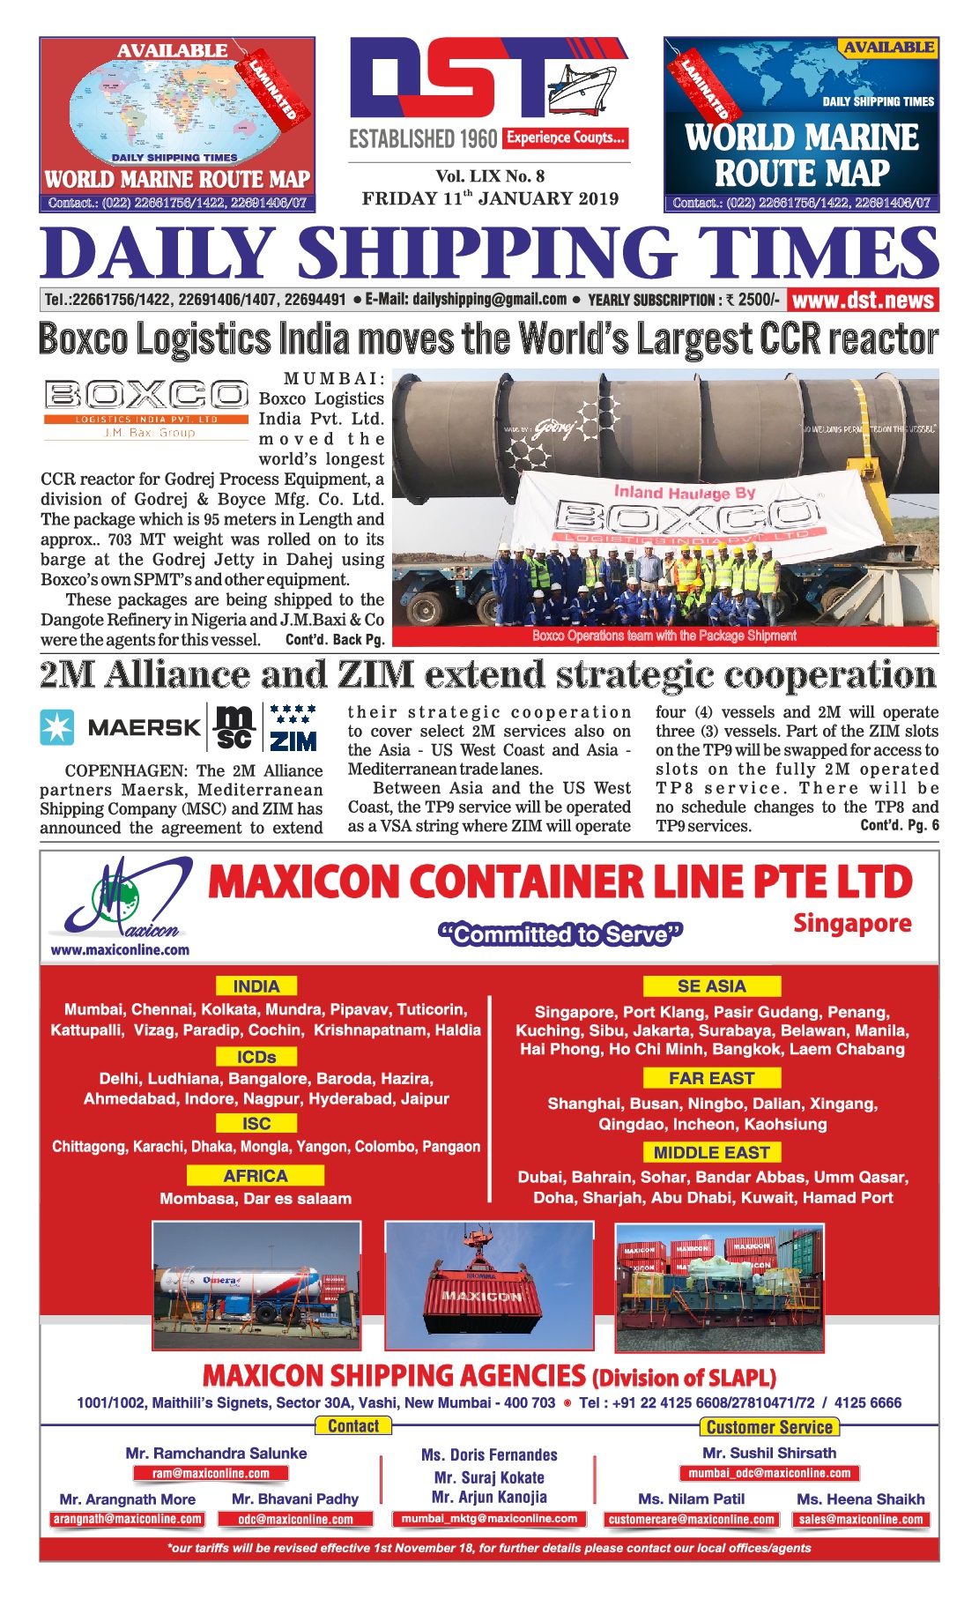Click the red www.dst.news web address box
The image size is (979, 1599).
[863, 300]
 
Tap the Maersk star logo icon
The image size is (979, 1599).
[57, 727]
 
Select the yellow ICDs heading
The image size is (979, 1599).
[256, 1057]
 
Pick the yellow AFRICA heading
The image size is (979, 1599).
[256, 1176]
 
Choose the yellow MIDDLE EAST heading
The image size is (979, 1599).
[712, 1153]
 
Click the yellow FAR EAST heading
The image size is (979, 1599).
[712, 1078]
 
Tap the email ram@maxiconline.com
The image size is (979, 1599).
[211, 1473]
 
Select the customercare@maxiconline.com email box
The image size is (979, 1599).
[692, 1520]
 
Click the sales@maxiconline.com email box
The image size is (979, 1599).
[861, 1520]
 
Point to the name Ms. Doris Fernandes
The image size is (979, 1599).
[489, 1455]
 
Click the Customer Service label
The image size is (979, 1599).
[769, 1427]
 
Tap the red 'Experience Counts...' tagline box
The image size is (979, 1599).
[566, 138]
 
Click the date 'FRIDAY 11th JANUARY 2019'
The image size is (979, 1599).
[490, 198]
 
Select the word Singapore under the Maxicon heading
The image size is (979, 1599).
[852, 924]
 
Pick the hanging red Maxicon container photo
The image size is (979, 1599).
[489, 1285]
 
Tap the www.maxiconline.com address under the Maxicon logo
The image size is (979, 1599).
[120, 950]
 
